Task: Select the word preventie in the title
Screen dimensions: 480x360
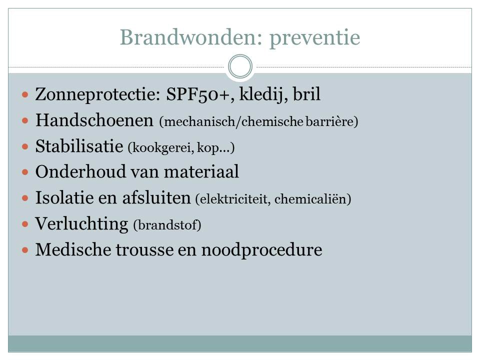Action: [x=314, y=39]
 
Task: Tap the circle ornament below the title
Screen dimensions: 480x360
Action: [x=240, y=66]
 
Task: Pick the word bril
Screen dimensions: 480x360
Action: [x=306, y=93]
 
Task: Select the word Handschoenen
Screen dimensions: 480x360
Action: [x=94, y=120]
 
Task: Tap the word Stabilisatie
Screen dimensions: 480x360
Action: [x=79, y=146]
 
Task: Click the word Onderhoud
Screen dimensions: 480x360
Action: [x=80, y=171]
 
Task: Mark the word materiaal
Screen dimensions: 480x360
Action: [x=201, y=171]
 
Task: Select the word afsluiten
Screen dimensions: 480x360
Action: [x=156, y=197]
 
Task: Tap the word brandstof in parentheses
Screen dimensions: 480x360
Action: [x=167, y=225]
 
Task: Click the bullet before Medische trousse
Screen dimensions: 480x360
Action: [x=25, y=250]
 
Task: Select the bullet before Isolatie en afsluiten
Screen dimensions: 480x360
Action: [x=25, y=198]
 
